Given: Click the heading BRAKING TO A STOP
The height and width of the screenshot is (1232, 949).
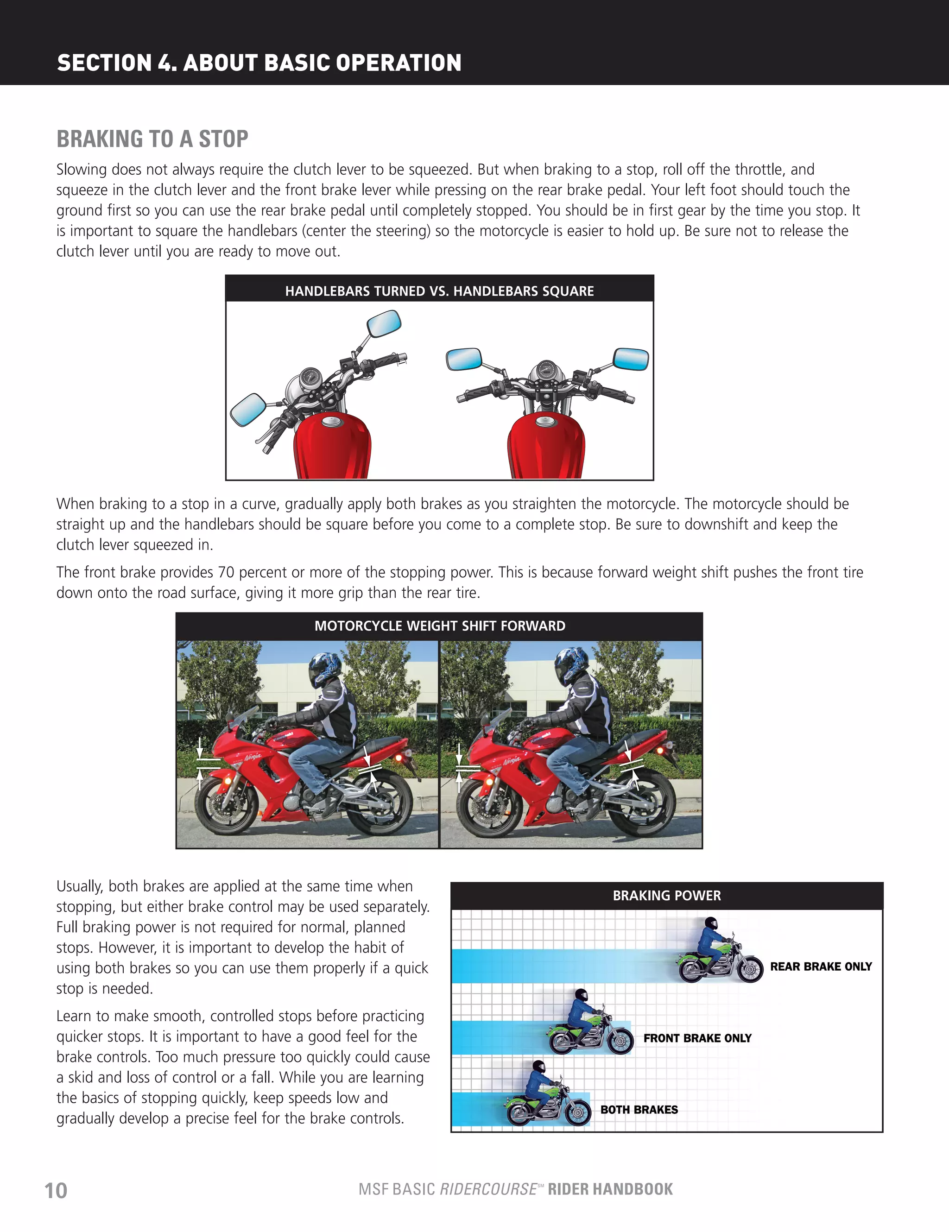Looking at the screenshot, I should point(152,139).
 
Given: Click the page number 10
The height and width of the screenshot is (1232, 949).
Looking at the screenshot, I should point(56,1190).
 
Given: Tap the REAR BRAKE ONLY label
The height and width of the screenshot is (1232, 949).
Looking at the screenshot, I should point(821,967).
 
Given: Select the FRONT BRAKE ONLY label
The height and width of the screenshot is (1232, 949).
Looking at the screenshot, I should point(697,1038).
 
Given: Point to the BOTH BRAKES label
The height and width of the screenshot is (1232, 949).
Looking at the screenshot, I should point(639,1110).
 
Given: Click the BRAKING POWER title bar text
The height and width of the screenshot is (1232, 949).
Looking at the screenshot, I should point(666,896).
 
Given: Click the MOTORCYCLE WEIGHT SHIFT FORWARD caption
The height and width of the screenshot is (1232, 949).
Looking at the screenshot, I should point(440,625).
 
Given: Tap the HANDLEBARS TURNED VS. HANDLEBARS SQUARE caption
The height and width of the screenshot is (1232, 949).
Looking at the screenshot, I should point(440,291).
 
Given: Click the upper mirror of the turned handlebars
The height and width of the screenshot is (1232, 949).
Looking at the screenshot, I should point(384,324).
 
